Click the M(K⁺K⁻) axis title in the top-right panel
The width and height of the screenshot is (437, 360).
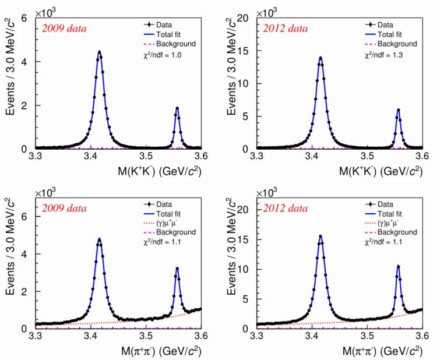[x=371, y=173]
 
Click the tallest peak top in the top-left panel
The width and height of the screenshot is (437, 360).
[x=99, y=52]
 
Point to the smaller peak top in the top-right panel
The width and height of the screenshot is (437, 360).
[x=399, y=110]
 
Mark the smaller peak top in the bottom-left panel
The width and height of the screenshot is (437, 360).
[x=177, y=269]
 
